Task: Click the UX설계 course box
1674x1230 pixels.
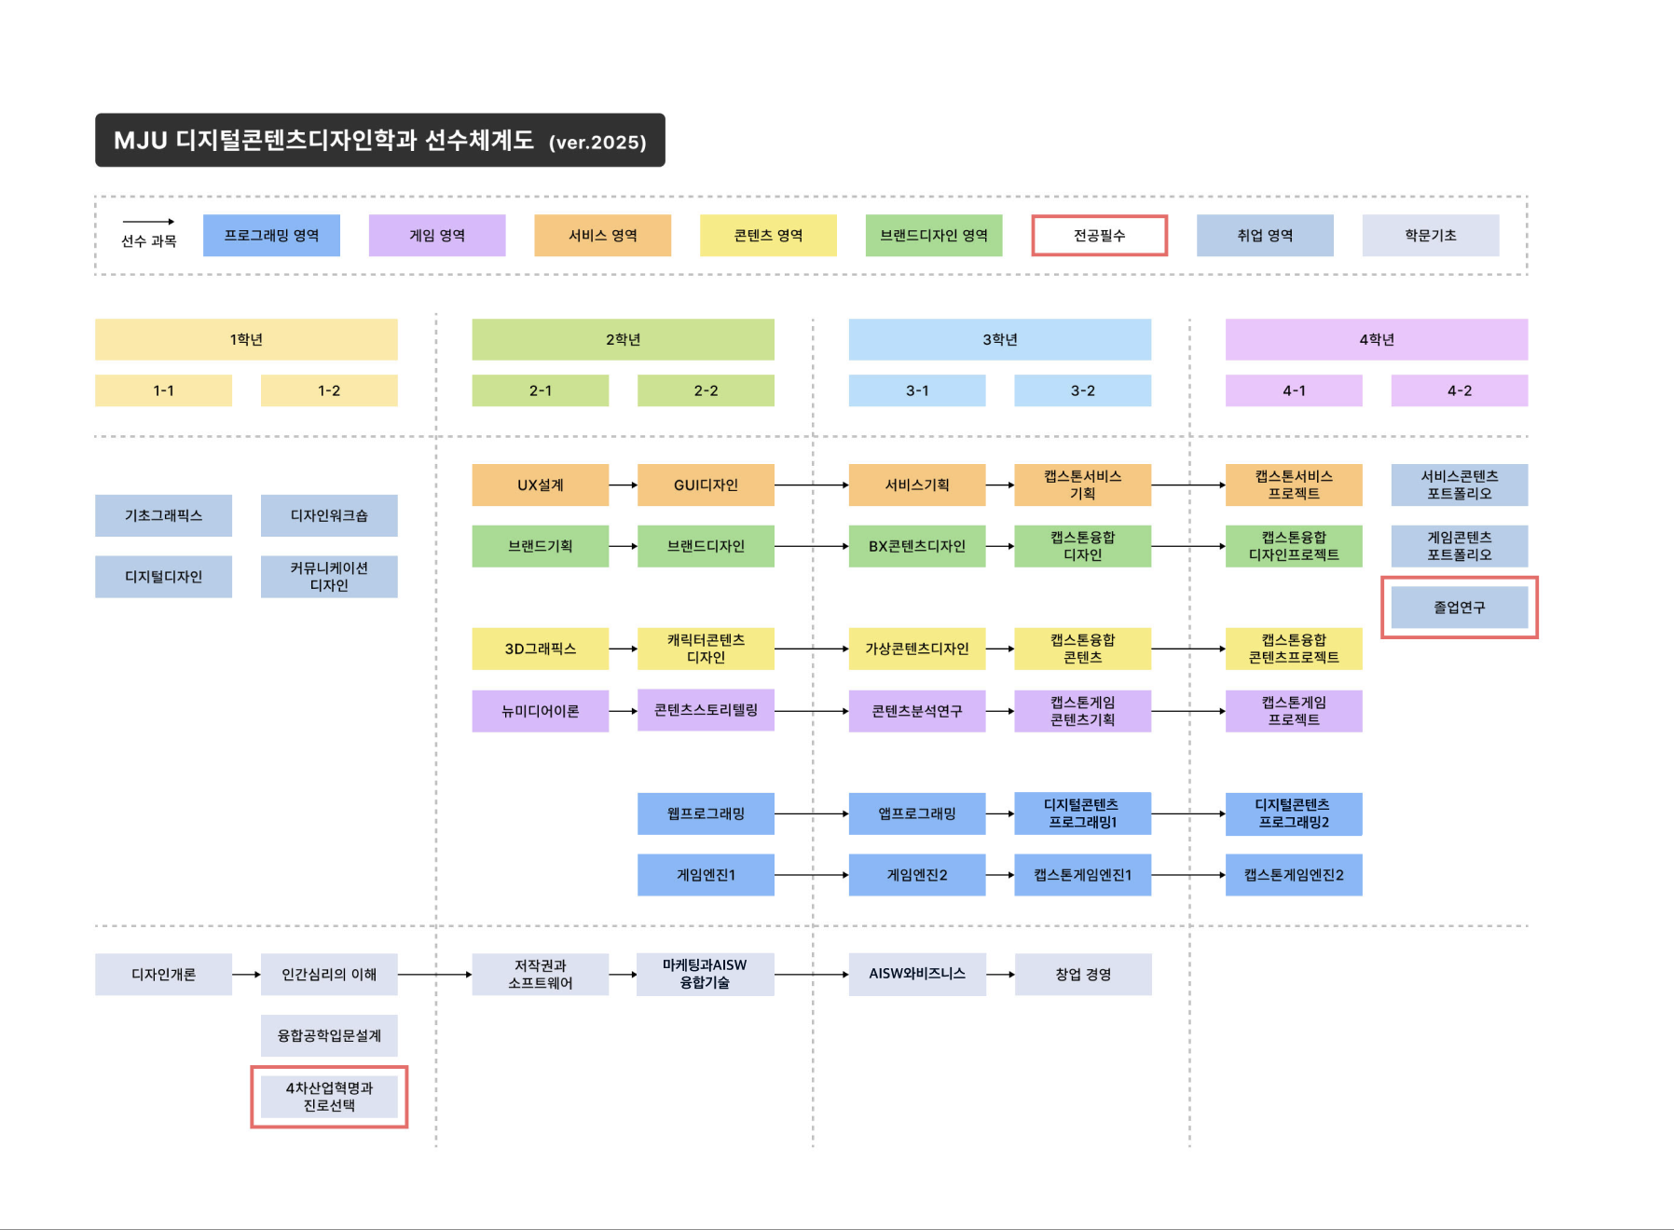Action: (x=540, y=485)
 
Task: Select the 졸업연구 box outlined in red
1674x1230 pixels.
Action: (x=1459, y=608)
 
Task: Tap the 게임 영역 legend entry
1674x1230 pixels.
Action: (x=437, y=236)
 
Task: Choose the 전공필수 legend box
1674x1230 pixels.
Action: (x=1099, y=236)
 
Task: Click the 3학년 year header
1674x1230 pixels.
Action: (x=999, y=339)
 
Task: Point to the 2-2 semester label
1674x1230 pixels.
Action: (x=706, y=390)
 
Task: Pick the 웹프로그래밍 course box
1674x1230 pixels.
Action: (x=706, y=813)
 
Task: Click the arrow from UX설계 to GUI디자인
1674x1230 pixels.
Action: (x=623, y=485)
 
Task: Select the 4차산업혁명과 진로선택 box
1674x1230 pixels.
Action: (x=329, y=1097)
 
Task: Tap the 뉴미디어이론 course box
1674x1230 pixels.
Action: (x=540, y=711)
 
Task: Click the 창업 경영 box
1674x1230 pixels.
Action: (x=1082, y=975)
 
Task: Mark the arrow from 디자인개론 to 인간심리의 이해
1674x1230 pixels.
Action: (x=246, y=975)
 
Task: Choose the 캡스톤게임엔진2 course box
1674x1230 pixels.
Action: (x=1294, y=875)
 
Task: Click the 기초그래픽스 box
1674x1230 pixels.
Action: (x=163, y=515)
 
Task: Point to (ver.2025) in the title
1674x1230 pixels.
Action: (x=597, y=143)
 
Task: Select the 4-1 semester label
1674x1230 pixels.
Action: (x=1294, y=390)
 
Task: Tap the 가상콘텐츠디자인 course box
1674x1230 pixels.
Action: (x=916, y=649)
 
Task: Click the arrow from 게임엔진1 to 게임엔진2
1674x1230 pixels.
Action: (x=811, y=875)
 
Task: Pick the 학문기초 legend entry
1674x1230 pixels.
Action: (x=1430, y=236)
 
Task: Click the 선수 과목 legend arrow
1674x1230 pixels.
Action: (x=148, y=222)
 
